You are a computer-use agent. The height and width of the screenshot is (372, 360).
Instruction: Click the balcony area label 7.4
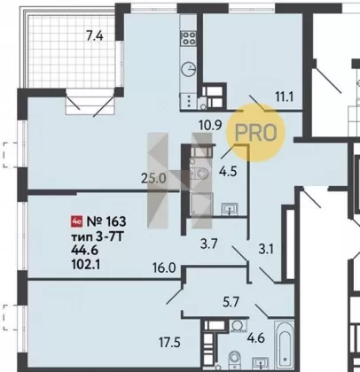[x=94, y=36]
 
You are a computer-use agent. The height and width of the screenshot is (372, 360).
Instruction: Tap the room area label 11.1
[x=285, y=97]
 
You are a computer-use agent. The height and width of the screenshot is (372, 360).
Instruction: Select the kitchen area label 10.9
[x=210, y=126]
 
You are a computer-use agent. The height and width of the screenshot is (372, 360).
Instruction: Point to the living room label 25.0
[x=153, y=179]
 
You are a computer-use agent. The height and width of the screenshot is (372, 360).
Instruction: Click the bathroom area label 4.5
[x=228, y=171]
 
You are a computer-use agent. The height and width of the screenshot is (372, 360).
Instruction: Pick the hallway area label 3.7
[x=209, y=244]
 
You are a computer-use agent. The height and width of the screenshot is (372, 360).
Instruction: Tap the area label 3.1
[x=266, y=250]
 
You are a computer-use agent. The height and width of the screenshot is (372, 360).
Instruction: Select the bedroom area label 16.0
[x=164, y=268]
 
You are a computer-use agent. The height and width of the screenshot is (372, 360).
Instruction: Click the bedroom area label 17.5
[x=169, y=343]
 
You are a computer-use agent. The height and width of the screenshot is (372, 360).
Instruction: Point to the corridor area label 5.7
[x=231, y=302]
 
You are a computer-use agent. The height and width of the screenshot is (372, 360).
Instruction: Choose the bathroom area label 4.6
[x=256, y=337]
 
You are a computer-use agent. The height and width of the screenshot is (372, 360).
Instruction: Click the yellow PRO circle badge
[x=256, y=133]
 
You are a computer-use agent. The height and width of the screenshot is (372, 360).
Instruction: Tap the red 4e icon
[x=77, y=221]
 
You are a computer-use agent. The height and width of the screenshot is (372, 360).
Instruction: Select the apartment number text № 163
[x=106, y=221]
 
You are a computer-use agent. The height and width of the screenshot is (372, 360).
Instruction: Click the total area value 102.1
[x=86, y=265]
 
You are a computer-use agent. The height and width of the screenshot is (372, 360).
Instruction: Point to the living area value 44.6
[x=84, y=250]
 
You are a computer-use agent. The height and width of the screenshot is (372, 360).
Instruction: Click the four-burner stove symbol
[x=189, y=38]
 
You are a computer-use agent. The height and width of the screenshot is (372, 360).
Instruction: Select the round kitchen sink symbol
[x=189, y=70]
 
